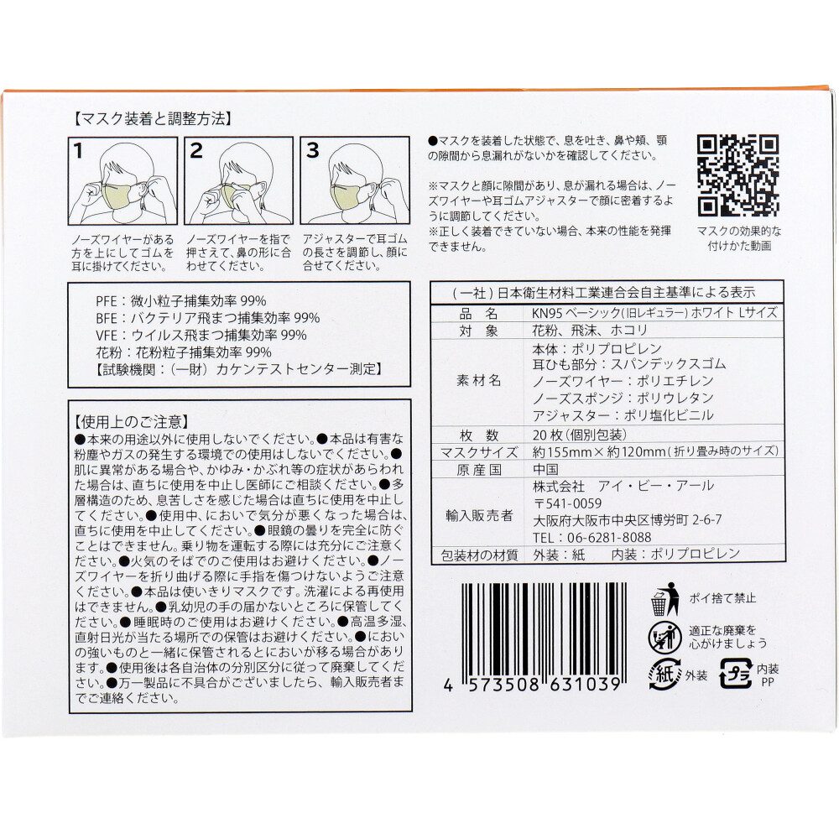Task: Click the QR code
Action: [737, 176]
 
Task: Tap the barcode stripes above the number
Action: [543, 629]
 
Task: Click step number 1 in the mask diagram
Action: [79, 151]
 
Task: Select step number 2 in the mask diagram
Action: [195, 151]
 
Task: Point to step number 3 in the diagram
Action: [312, 151]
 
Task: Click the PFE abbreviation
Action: [106, 300]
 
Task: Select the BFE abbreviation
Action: [106, 318]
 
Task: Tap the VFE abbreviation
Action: [106, 335]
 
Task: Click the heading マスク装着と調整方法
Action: [154, 119]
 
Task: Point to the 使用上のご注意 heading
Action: [132, 422]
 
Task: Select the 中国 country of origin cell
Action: [545, 469]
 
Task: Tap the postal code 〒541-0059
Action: [567, 503]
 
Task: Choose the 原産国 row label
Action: [479, 470]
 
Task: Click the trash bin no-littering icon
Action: [664, 599]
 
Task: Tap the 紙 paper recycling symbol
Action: [664, 674]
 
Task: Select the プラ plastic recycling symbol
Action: [736, 674]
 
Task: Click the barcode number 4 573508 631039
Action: [532, 685]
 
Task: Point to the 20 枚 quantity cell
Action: [579, 435]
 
